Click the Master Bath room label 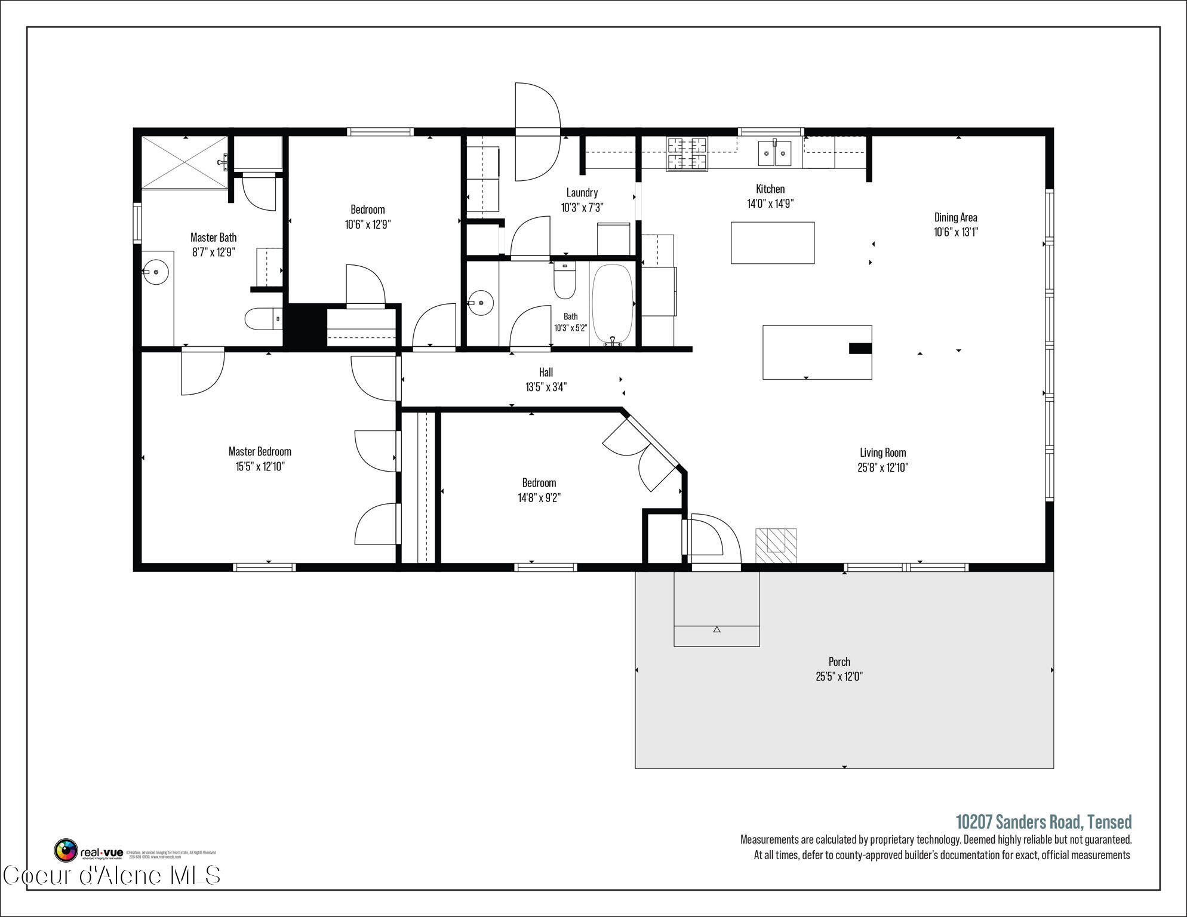(x=213, y=238)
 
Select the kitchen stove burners (x=687, y=153)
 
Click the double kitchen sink (x=774, y=153)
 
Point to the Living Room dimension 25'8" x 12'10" (x=882, y=467)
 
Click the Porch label (x=839, y=661)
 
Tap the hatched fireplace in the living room (x=776, y=545)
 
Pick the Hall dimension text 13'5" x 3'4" (x=546, y=387)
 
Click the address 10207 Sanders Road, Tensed (x=1043, y=822)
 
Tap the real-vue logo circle (x=66, y=850)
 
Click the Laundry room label (x=582, y=192)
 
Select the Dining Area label (x=955, y=217)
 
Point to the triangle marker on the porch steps (x=716, y=629)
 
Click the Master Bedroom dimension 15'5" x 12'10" (x=260, y=466)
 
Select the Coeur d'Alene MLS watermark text (x=112, y=876)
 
